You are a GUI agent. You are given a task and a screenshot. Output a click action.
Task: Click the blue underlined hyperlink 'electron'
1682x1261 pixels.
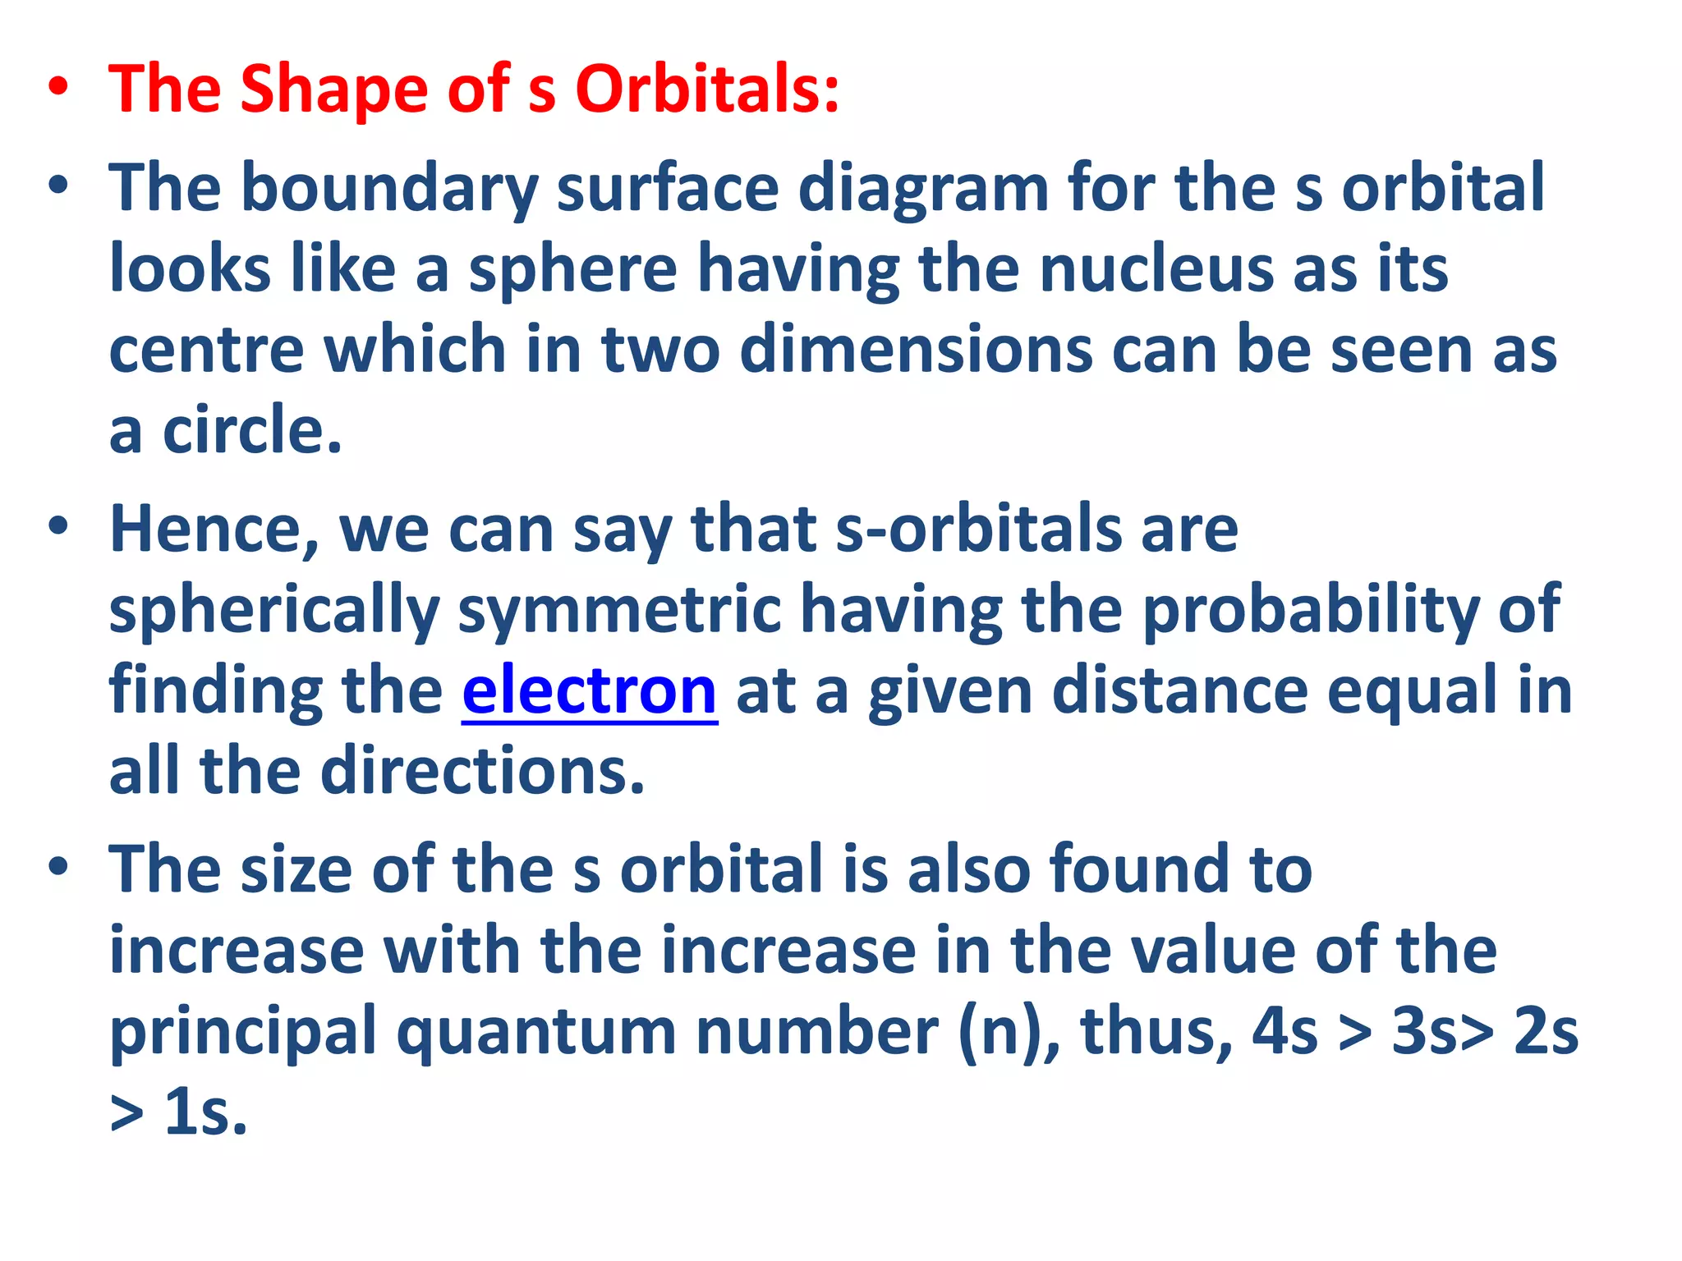click(589, 692)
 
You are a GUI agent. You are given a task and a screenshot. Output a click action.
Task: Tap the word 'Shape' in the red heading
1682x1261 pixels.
click(333, 90)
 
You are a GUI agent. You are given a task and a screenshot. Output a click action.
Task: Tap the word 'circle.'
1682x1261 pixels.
click(251, 430)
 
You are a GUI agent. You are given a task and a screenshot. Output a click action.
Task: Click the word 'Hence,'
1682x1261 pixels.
click(214, 530)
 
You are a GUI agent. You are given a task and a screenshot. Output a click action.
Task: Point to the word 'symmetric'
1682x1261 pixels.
click(619, 611)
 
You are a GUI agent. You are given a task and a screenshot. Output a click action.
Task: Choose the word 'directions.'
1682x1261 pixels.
click(482, 772)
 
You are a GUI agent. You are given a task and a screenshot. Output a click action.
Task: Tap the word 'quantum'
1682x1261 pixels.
click(536, 1033)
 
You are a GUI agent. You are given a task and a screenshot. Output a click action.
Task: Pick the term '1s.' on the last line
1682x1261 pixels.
click(205, 1113)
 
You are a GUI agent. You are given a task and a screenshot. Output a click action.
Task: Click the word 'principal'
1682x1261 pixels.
click(242, 1033)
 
